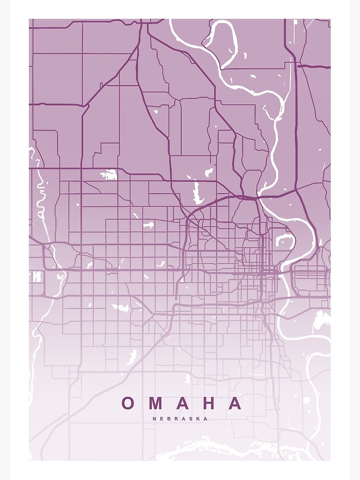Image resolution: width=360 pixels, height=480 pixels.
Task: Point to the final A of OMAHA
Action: coord(235,403)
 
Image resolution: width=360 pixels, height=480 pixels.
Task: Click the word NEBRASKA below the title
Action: coord(180,419)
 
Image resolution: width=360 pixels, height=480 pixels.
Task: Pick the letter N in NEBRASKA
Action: coord(155,419)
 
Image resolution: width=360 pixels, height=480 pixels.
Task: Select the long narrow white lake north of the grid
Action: coord(196,192)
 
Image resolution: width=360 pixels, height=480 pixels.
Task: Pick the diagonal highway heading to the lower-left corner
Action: coord(96,384)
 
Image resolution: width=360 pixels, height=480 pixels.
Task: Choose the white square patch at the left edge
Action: coord(36,277)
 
